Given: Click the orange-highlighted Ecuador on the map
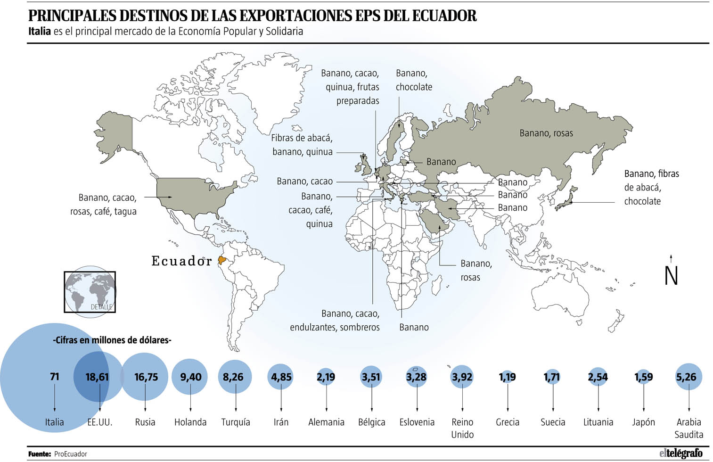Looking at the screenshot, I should [x=222, y=260].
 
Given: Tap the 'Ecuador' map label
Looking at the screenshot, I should [x=181, y=261].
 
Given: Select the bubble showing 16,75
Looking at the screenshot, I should [x=146, y=377].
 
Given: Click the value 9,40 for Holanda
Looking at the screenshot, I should [x=190, y=377].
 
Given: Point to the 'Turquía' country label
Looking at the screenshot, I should [x=236, y=422].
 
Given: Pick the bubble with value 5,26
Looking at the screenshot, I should [x=688, y=377].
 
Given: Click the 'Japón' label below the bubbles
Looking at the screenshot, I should [x=643, y=422].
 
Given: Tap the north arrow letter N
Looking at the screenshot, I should [x=671, y=276].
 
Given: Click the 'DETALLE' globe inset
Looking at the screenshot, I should [x=90, y=291].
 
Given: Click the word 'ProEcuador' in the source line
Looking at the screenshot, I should [x=71, y=454].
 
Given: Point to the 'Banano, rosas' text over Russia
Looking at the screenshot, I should [x=546, y=133].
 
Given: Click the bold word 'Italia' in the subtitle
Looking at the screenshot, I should [x=39, y=32].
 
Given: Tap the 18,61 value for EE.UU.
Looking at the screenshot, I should [x=97, y=377].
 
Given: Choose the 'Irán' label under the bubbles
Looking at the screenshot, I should [x=281, y=422].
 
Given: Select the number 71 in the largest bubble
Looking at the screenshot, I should [x=55, y=377].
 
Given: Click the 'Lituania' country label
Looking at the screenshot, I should [x=598, y=422].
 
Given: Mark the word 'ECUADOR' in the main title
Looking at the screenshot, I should [x=444, y=16].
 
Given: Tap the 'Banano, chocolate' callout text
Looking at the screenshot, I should [x=414, y=80].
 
